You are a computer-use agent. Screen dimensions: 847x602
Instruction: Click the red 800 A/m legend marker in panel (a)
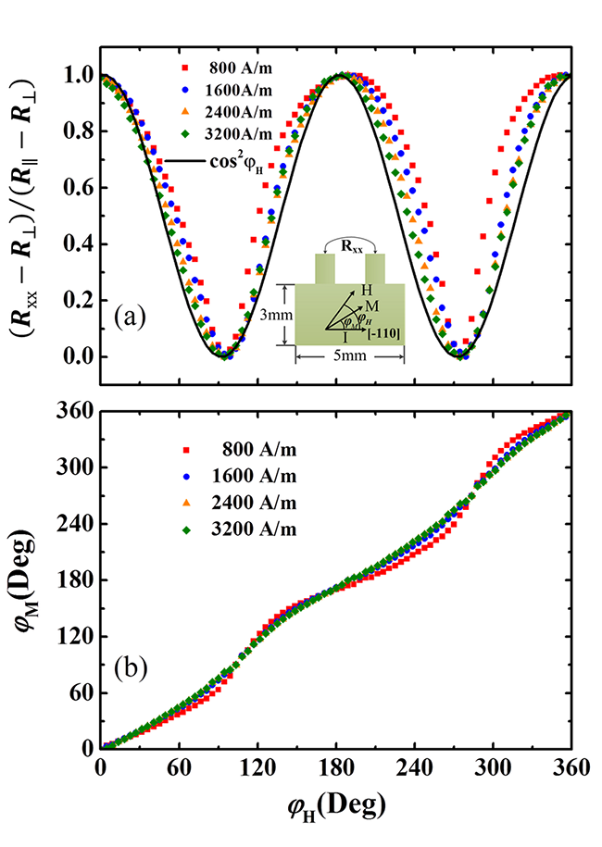coord(185,68)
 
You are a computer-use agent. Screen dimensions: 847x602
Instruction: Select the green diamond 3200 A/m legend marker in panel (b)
coord(185,529)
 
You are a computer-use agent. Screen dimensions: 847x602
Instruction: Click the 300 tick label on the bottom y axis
coord(76,467)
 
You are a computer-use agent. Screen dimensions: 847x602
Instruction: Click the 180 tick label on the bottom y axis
coord(76,580)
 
